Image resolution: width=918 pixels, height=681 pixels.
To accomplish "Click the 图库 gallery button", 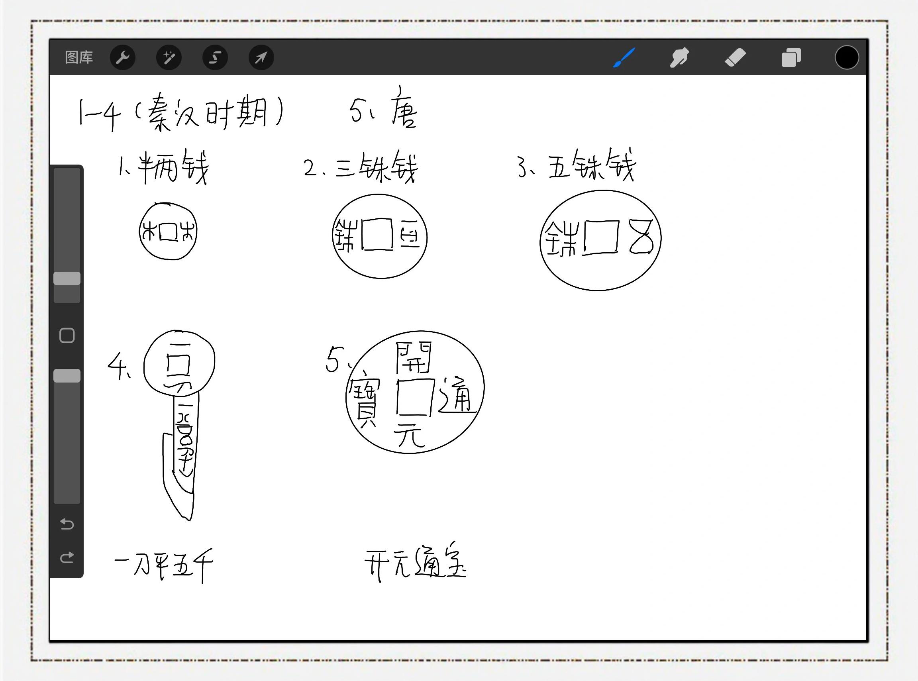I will (x=79, y=57).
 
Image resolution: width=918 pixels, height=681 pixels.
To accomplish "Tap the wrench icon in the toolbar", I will (x=123, y=57).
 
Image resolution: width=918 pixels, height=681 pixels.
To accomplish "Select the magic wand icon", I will (x=169, y=57).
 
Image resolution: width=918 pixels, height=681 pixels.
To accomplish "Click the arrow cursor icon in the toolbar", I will (x=261, y=57).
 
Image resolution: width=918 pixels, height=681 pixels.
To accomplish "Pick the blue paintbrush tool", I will (x=624, y=57).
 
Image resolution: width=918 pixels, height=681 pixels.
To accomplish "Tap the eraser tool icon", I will (x=736, y=57).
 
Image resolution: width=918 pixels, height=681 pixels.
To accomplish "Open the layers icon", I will (x=791, y=57).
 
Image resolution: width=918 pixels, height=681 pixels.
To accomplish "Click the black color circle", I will (x=847, y=57).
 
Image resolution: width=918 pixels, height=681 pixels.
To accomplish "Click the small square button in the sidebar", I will (x=67, y=336).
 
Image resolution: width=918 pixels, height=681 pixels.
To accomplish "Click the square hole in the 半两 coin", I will (x=168, y=232).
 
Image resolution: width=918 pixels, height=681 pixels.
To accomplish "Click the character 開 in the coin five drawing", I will (x=414, y=357).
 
